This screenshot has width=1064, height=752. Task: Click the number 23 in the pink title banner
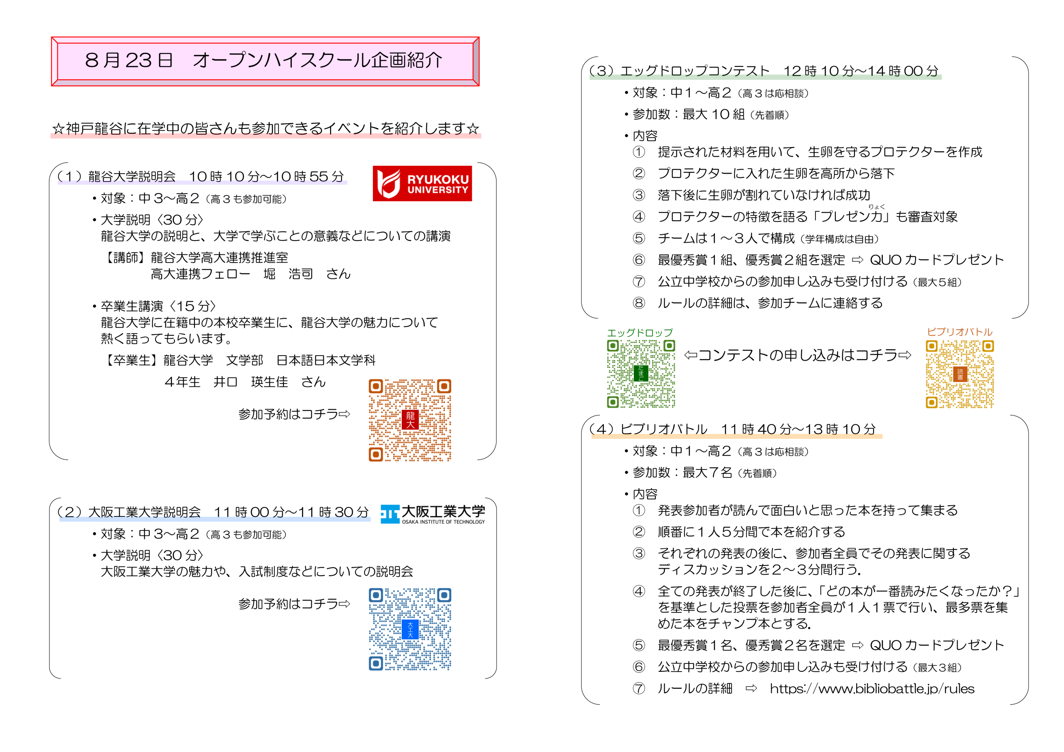click(x=138, y=61)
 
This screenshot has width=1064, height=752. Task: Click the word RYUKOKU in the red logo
click(x=438, y=179)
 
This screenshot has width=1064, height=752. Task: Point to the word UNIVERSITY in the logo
click(x=438, y=190)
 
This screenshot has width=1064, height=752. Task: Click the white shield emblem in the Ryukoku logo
click(x=388, y=184)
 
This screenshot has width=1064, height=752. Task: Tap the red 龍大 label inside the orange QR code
click(x=410, y=420)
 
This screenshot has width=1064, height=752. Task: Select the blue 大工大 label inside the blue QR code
click(x=410, y=629)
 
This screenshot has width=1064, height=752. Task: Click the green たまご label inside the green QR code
click(x=641, y=373)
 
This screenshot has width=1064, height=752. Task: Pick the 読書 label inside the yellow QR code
click(x=960, y=374)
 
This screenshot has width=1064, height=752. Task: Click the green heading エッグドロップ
click(x=640, y=332)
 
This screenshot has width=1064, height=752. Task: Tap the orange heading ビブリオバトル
click(x=959, y=331)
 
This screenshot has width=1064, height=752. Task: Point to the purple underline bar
click(x=202, y=182)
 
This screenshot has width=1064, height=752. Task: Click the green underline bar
click(x=766, y=77)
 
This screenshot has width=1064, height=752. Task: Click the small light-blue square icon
click(x=390, y=514)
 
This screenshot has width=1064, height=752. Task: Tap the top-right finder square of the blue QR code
click(x=444, y=595)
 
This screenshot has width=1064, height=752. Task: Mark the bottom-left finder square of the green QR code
click(x=613, y=402)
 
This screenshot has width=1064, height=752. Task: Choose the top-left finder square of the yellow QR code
click(x=931, y=346)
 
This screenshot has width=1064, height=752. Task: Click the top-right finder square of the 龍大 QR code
click(x=444, y=386)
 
